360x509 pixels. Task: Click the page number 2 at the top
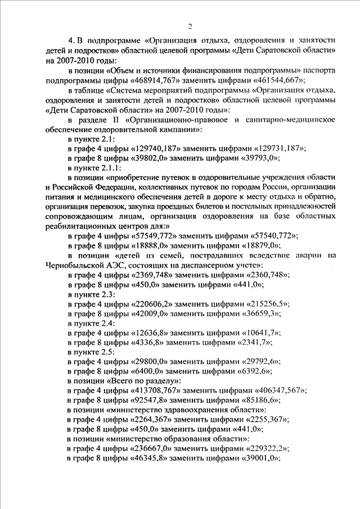coord(190,26)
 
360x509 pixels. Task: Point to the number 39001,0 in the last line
coord(261,459)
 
